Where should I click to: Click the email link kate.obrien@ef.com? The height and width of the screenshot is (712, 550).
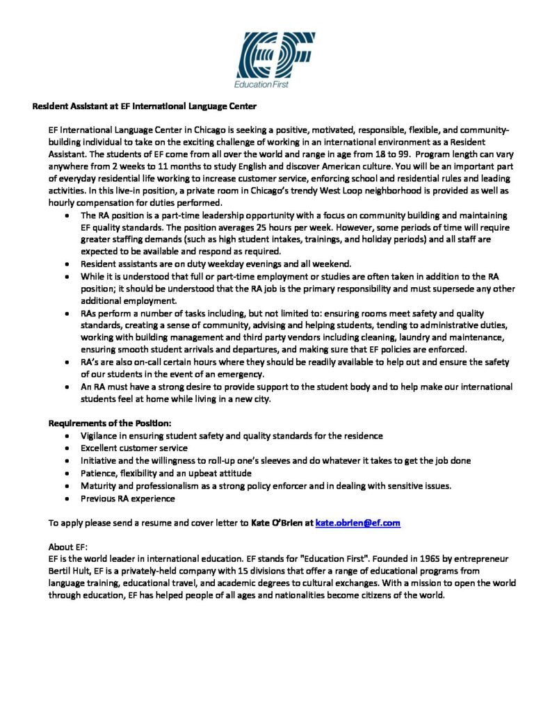tap(357, 523)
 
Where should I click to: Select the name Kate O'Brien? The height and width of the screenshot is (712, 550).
tap(281, 523)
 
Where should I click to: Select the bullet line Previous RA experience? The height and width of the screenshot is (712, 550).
tap(128, 499)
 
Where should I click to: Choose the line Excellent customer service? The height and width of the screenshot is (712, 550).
tap(134, 448)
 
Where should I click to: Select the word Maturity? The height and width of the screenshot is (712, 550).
tap(101, 486)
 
